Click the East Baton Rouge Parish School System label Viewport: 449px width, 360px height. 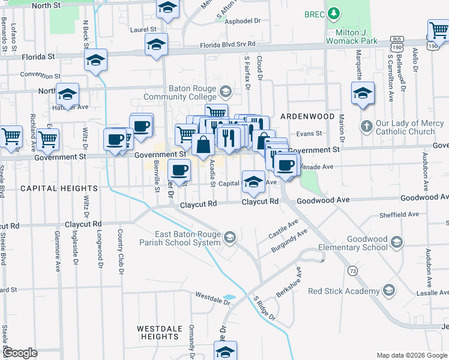180,238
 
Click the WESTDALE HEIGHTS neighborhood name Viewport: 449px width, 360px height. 158,332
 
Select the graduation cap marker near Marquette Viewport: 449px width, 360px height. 363,93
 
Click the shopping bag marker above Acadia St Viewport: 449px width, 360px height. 203,145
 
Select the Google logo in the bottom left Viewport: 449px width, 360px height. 19,353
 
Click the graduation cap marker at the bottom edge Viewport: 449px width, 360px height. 225,351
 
